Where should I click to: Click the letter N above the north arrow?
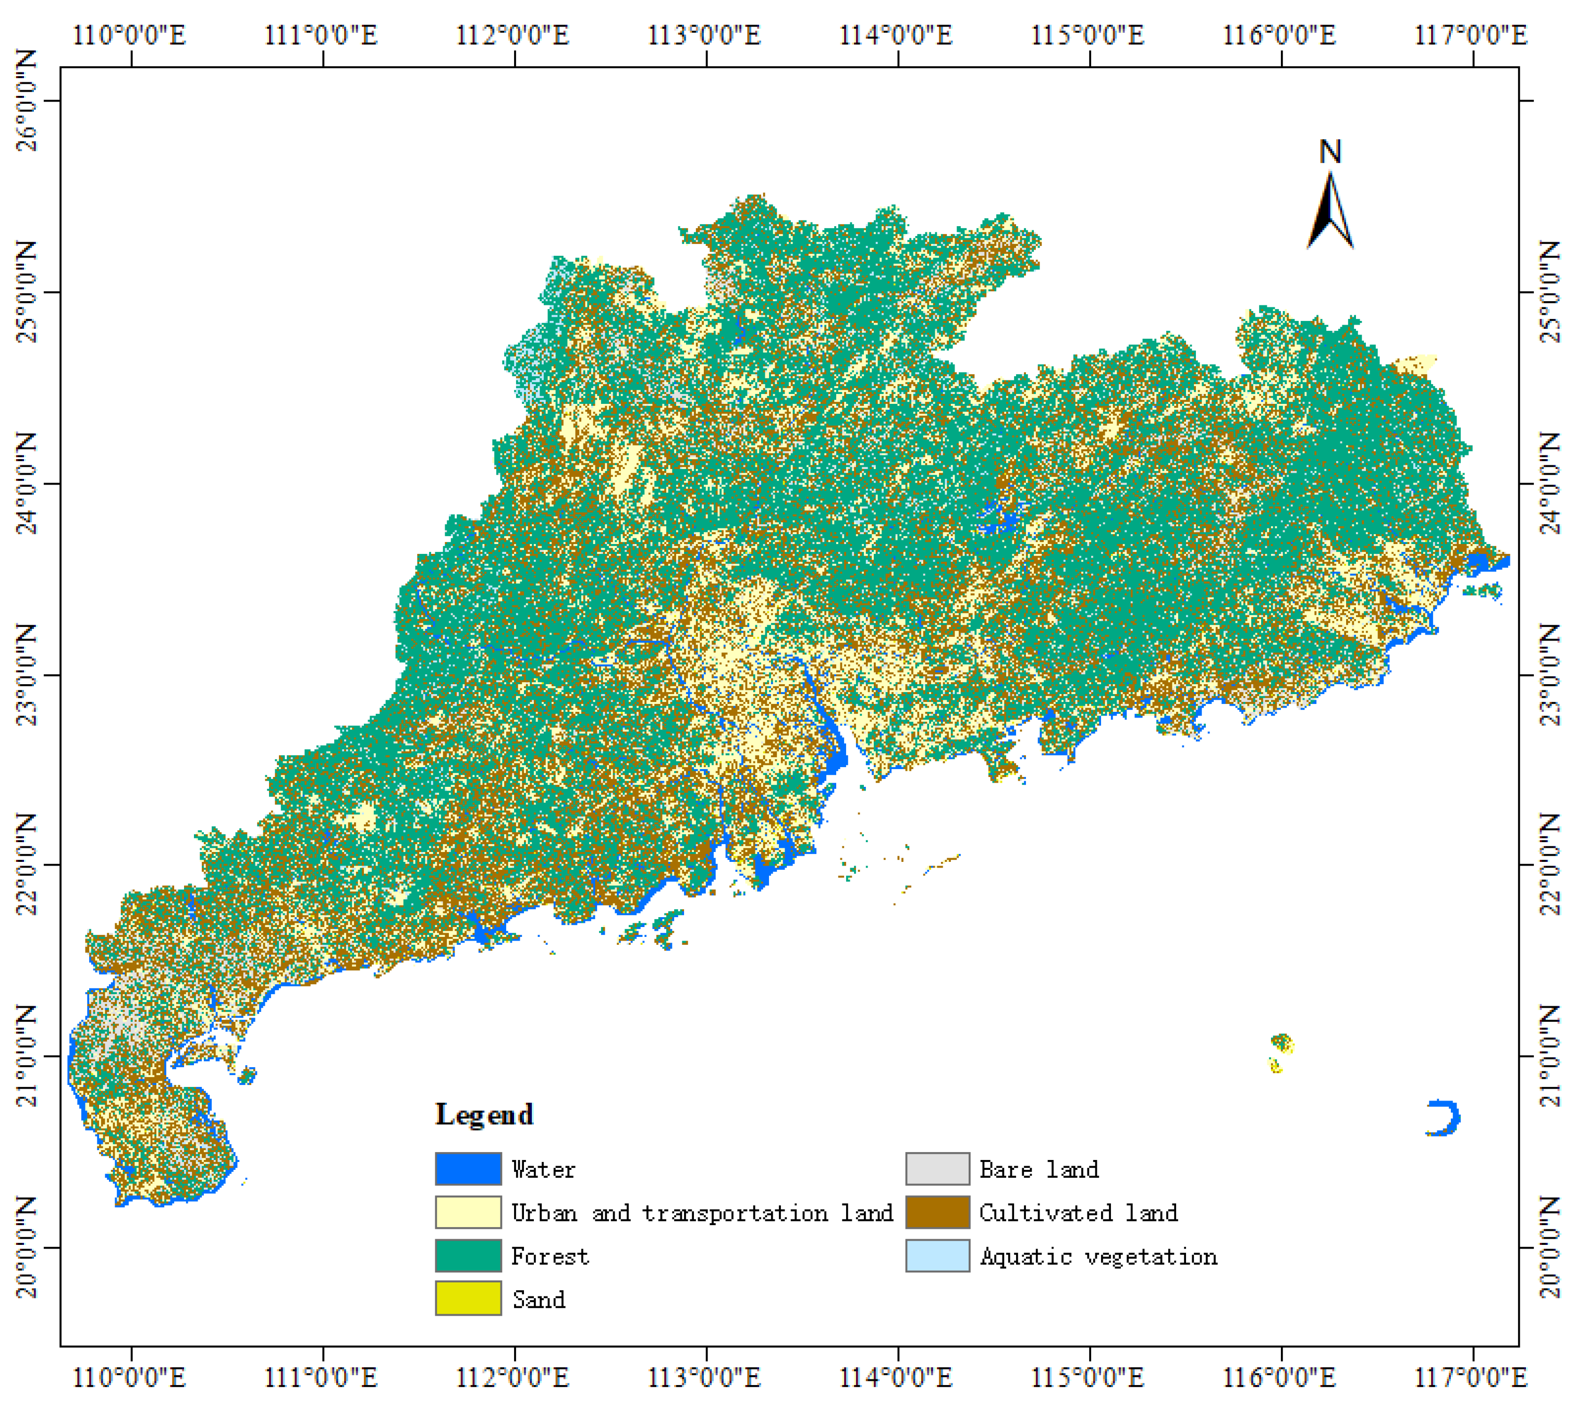pos(1330,152)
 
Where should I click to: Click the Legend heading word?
pos(484,1115)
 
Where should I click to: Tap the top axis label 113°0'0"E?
pos(705,35)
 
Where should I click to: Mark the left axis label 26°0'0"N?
pos(27,101)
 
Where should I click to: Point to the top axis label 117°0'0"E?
pos(1471,35)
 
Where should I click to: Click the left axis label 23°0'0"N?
pos(27,675)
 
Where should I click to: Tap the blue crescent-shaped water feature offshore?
pos(1445,1118)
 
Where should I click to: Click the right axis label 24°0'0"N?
pos(1550,483)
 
